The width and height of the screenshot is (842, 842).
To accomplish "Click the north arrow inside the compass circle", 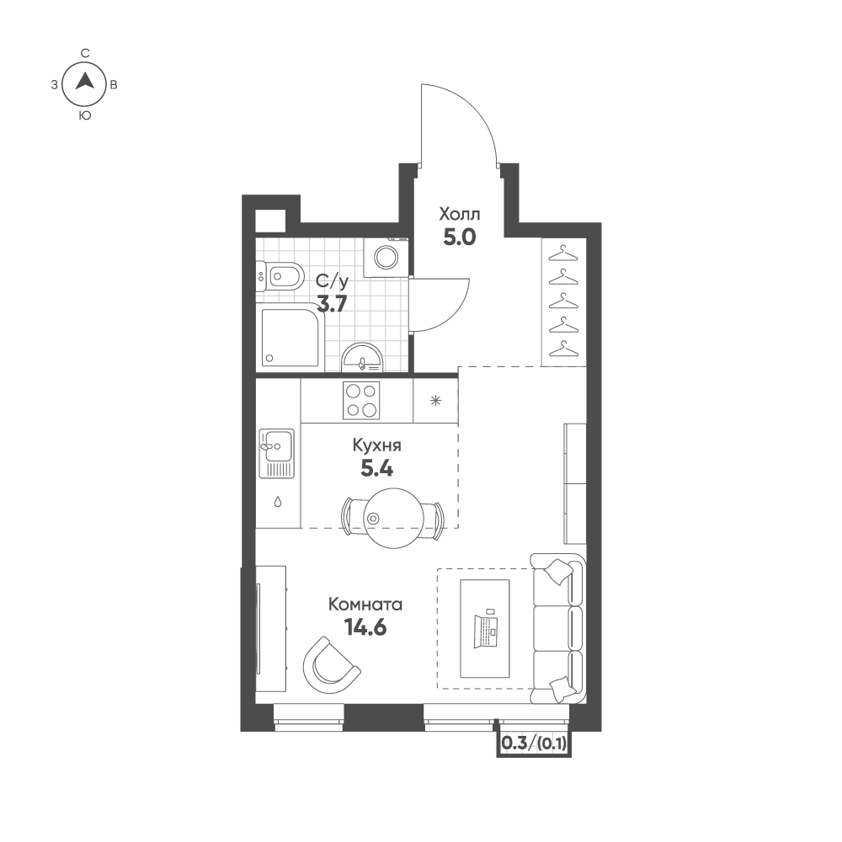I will pyautogui.click(x=85, y=83).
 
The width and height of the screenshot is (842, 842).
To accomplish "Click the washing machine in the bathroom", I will pyautogui.click(x=386, y=257).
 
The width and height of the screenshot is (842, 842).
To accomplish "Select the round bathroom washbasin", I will pyautogui.click(x=363, y=357).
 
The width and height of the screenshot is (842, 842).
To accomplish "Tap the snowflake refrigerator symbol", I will pyautogui.click(x=435, y=400).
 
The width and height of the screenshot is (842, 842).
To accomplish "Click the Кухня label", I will pyautogui.click(x=377, y=446).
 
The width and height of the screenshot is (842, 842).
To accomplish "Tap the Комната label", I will pyautogui.click(x=365, y=605).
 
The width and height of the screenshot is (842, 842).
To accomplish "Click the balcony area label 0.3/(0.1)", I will pyautogui.click(x=534, y=743).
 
